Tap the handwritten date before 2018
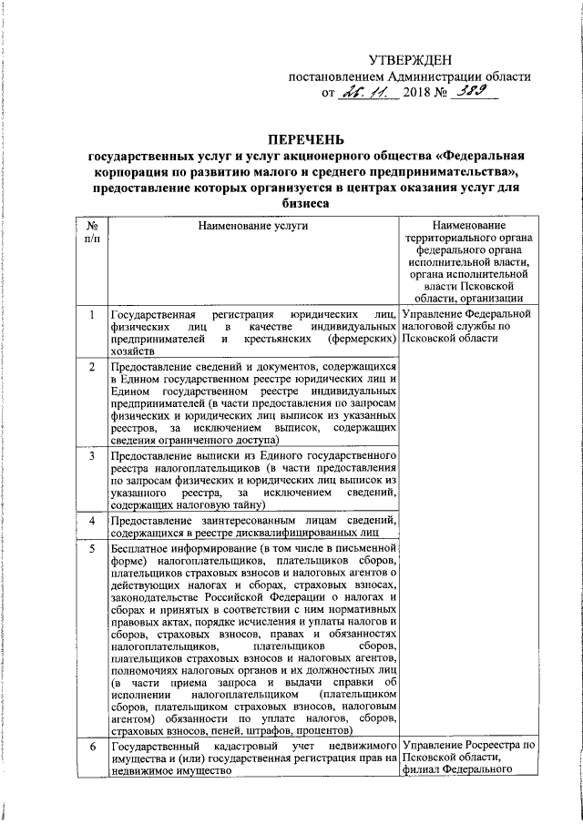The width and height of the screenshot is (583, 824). pyautogui.click(x=369, y=93)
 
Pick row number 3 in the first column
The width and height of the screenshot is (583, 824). pyautogui.click(x=91, y=454)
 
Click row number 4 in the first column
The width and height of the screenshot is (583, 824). pyautogui.click(x=91, y=520)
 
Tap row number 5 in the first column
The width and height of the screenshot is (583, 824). pyautogui.click(x=91, y=549)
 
